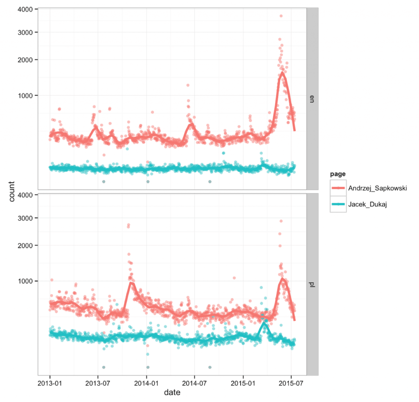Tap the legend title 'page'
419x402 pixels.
338,174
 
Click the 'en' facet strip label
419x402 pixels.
313,99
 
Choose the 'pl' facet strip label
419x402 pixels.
313,284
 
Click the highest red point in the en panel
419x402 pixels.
281,16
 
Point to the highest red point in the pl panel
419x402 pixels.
281,221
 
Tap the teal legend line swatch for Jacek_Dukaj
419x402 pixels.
338,204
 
